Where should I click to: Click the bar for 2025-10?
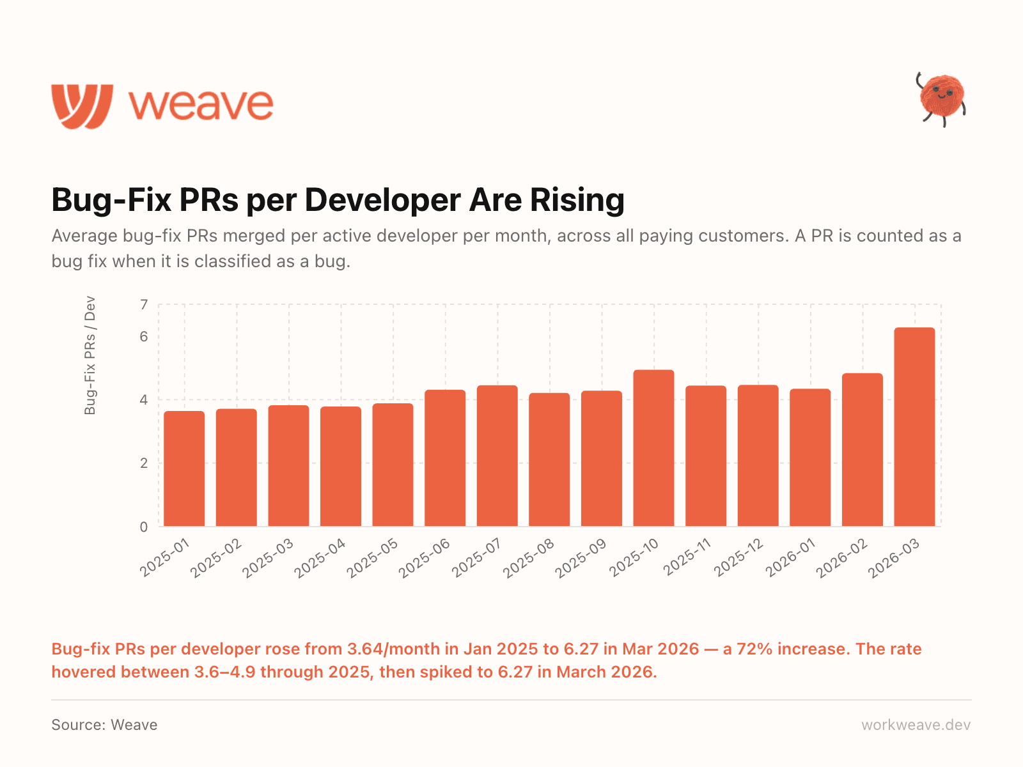point(653,448)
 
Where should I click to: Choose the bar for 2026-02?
point(862,450)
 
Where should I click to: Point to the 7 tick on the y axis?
point(144,305)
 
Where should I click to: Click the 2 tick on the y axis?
point(144,463)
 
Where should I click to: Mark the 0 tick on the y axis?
point(144,527)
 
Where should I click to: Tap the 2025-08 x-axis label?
point(529,558)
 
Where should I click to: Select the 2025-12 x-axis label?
point(738,558)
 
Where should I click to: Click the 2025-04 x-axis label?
point(320,558)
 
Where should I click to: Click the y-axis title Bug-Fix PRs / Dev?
point(90,355)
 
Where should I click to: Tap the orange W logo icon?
point(82,105)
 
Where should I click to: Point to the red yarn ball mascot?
point(941,98)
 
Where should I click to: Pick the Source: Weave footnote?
point(104,725)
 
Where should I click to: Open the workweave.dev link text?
point(916,725)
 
